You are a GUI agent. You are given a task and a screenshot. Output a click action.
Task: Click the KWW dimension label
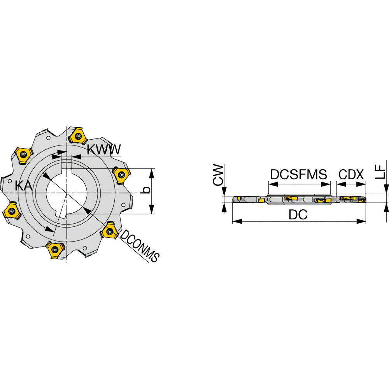[104, 149]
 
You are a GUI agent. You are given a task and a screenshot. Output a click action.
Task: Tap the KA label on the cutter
[24, 186]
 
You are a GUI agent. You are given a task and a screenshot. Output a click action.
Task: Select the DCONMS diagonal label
[139, 246]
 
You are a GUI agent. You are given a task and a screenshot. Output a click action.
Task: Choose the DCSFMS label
[298, 174]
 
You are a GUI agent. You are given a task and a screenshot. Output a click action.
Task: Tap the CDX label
[351, 174]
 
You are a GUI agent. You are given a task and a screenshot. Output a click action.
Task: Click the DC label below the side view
[298, 215]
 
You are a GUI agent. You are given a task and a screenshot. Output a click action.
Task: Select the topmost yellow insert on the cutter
[77, 135]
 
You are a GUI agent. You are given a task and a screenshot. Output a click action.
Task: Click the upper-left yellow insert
[23, 155]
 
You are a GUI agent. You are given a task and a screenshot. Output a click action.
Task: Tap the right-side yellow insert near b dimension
[121, 175]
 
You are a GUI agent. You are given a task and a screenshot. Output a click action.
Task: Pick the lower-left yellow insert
[11, 211]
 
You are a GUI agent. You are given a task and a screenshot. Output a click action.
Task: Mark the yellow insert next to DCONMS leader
[110, 231]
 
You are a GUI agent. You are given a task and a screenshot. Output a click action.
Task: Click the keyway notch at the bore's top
[67, 171]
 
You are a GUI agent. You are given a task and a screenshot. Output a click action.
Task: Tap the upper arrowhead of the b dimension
[152, 173]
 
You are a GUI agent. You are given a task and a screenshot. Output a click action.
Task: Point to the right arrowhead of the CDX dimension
[361, 184]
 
